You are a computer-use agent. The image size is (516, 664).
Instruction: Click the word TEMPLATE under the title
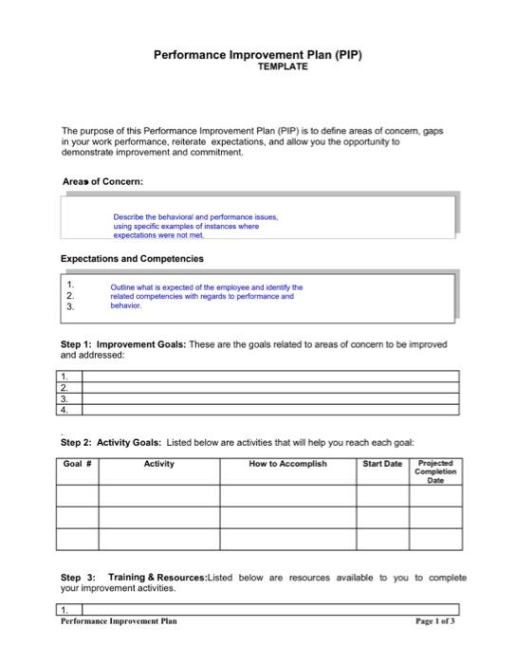coord(283,68)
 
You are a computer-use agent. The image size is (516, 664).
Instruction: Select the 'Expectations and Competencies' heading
coord(132,258)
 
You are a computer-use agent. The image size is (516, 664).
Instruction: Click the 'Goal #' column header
coord(77,465)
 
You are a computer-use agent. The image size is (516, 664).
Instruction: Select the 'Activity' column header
coord(158,465)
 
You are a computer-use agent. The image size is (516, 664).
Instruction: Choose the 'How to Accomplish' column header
coord(287,465)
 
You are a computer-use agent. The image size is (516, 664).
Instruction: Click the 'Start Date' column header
coord(382,465)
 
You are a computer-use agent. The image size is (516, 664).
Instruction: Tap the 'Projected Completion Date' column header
coord(435,471)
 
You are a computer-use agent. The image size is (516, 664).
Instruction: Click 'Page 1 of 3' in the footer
coord(435,621)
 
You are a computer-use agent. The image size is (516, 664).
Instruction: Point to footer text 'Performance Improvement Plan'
coord(119,621)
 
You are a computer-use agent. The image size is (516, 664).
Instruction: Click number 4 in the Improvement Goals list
coord(64,411)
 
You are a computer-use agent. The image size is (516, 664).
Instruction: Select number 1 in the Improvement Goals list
coord(64,377)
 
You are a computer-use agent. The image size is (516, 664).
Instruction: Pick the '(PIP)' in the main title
coord(345,55)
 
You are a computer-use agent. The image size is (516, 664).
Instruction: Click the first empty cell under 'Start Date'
coord(382,495)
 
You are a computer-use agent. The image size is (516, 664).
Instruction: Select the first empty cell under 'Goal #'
coord(77,495)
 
